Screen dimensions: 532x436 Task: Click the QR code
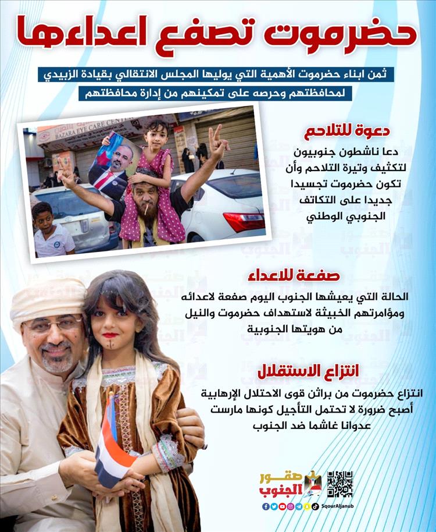[x=339, y=484]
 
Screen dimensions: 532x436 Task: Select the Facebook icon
[x=266, y=506]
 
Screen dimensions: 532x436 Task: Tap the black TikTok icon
[x=315, y=506]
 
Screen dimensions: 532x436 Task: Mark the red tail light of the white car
[x=244, y=222]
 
